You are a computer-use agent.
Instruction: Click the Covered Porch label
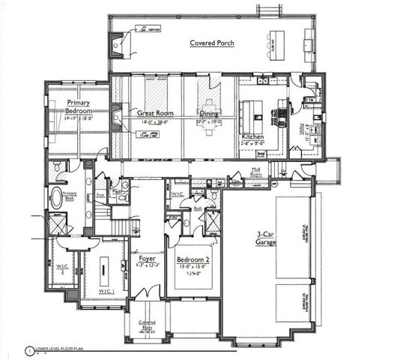pos(211,43)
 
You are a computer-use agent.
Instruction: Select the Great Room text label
pos(155,113)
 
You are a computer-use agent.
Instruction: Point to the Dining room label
pos(209,113)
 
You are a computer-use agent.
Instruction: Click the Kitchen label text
pos(252,137)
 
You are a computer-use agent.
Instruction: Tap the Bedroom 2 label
pos(193,260)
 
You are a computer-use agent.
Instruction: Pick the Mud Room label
pos(255,172)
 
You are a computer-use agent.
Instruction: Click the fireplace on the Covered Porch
pos(118,46)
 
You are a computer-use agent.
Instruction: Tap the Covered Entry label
pos(147,325)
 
